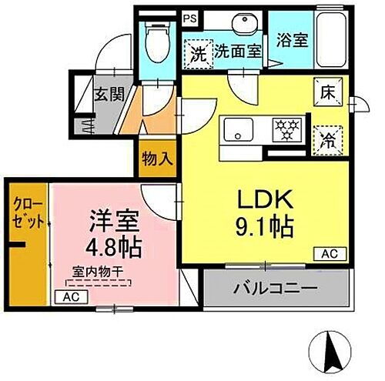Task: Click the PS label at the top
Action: [x=189, y=15]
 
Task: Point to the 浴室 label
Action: [x=293, y=39]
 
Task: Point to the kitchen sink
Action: [x=237, y=130]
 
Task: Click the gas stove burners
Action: [x=287, y=130]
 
